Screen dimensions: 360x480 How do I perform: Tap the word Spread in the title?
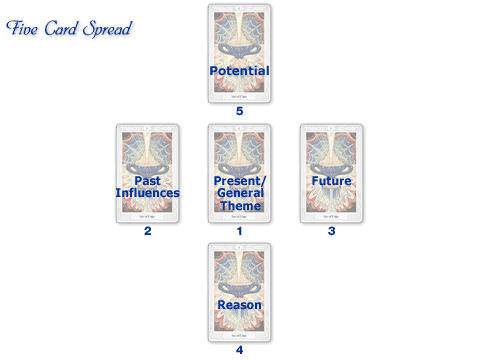pyautogui.click(x=108, y=27)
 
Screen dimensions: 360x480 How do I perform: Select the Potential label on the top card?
pyautogui.click(x=239, y=71)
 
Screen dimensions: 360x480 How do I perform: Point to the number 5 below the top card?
pyautogui.click(x=239, y=111)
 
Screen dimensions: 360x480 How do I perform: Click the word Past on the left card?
pyautogui.click(x=147, y=180)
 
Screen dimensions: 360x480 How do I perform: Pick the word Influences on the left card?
pyautogui.click(x=147, y=193)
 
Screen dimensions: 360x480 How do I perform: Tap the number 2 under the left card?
pyautogui.click(x=147, y=231)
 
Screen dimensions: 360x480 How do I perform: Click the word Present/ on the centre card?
pyautogui.click(x=239, y=180)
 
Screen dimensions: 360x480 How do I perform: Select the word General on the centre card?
pyautogui.click(x=239, y=193)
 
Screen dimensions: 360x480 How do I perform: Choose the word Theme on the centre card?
pyautogui.click(x=239, y=206)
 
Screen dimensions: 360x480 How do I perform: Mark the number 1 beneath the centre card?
pyautogui.click(x=239, y=231)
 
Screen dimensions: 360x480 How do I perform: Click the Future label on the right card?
pyautogui.click(x=331, y=181)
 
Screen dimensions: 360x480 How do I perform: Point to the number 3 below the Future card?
pyautogui.click(x=331, y=231)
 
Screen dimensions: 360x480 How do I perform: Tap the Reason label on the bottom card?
pyautogui.click(x=239, y=304)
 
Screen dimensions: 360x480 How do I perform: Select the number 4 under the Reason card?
pyautogui.click(x=239, y=350)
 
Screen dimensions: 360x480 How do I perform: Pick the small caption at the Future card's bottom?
pyautogui.click(x=331, y=216)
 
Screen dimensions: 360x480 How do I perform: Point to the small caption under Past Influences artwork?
pyautogui.click(x=147, y=216)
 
